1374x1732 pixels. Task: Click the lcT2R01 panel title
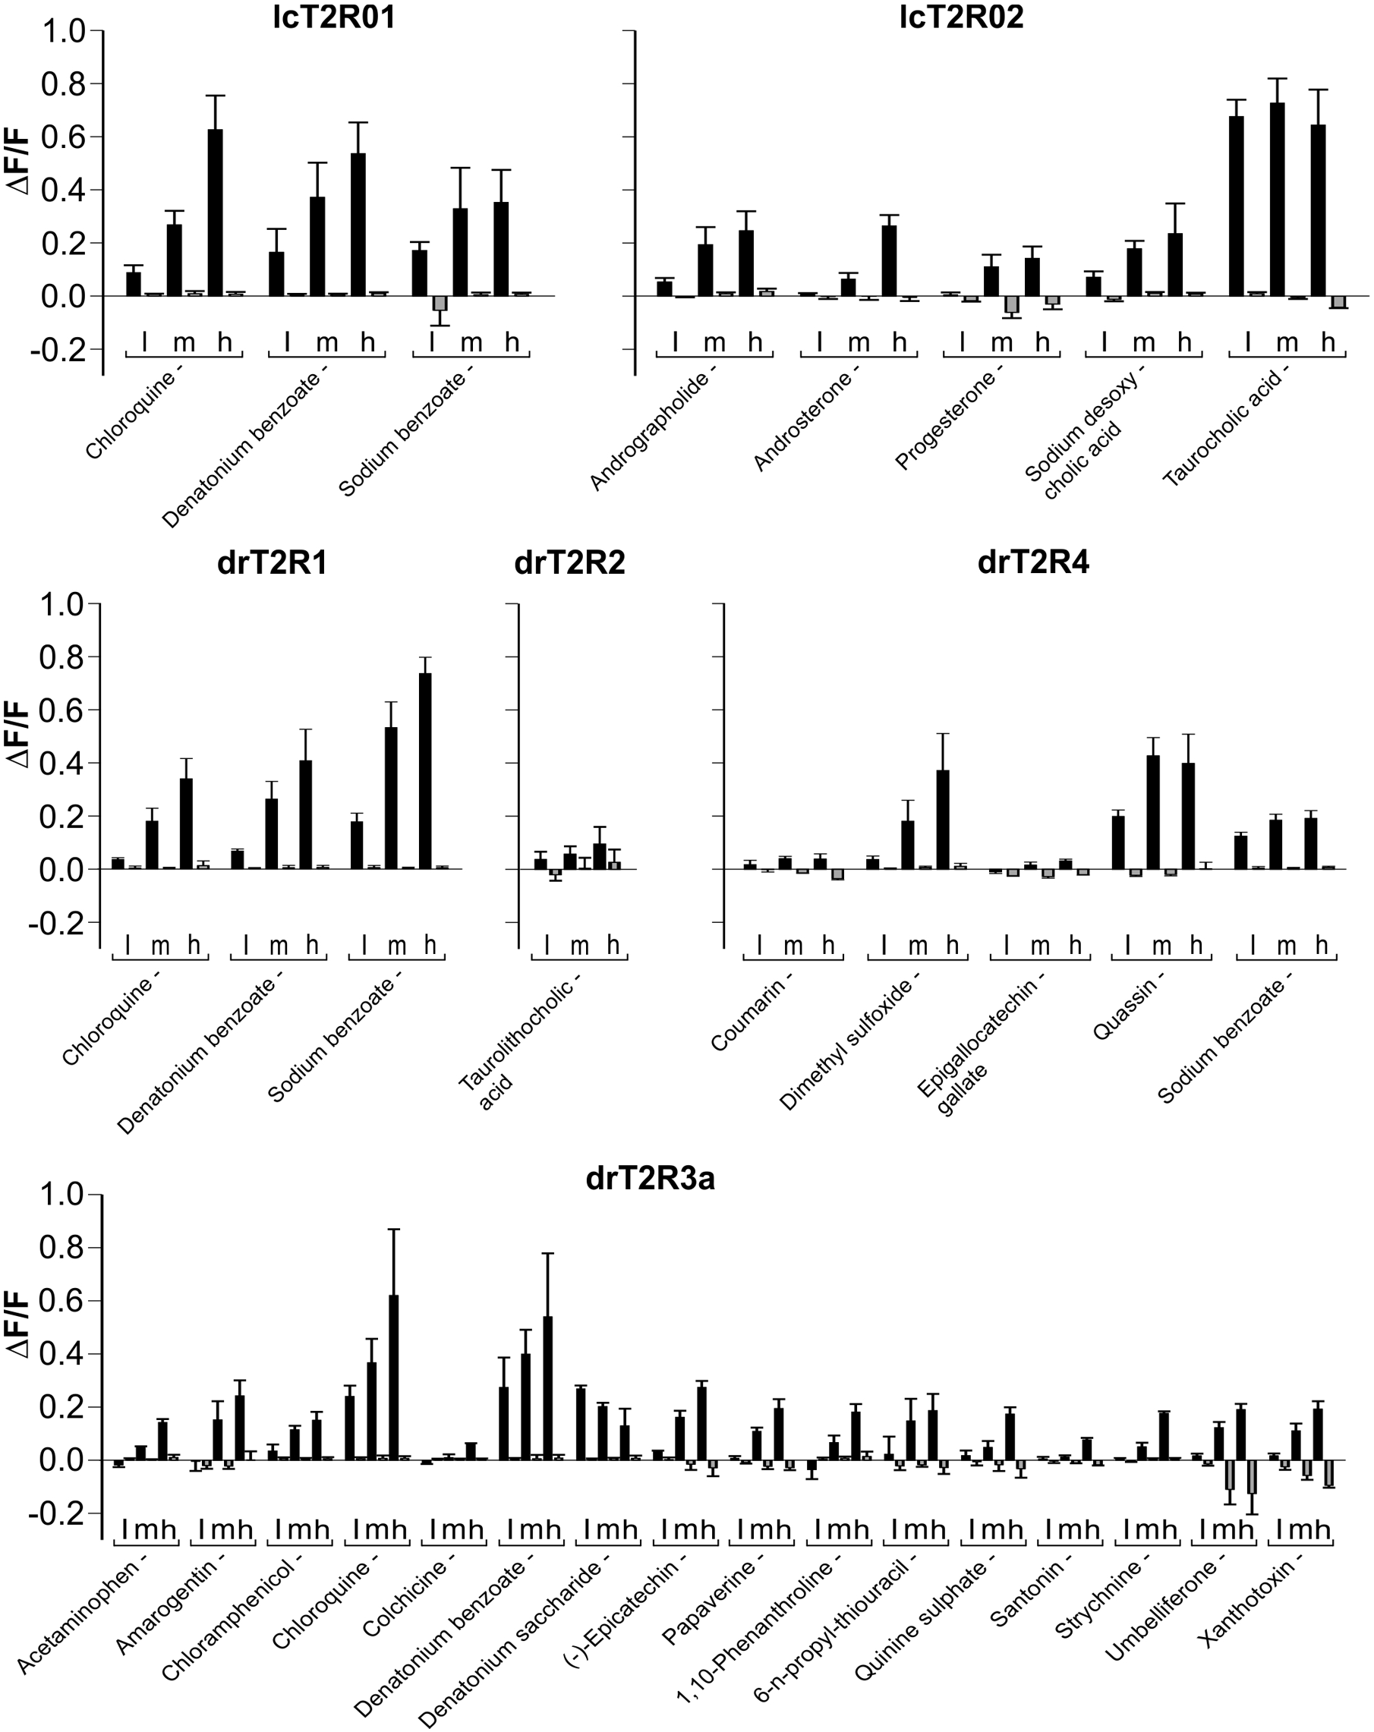[x=334, y=17]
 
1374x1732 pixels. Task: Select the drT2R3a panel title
[x=650, y=1179]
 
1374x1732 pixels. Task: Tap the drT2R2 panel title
[x=569, y=563]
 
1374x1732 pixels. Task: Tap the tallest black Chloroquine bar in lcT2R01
[x=216, y=212]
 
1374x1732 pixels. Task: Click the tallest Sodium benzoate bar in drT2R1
[x=425, y=770]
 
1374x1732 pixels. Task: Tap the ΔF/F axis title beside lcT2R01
[x=17, y=164]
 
